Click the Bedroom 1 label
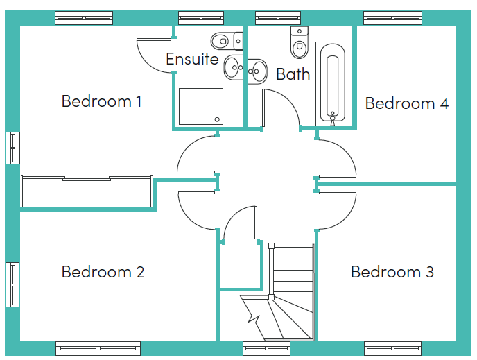click(102, 101)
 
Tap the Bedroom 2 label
click(103, 272)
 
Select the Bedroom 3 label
click(392, 272)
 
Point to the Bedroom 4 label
click(407, 103)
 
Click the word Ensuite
click(192, 59)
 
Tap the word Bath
click(293, 74)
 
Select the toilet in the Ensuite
click(227, 41)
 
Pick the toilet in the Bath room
click(300, 42)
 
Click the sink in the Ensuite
click(234, 67)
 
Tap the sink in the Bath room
click(257, 71)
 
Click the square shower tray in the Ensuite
click(201, 107)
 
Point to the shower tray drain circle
click(217, 119)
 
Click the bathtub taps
click(333, 118)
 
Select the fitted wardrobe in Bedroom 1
click(87, 191)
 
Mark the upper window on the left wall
click(12, 148)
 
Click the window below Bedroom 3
click(392, 348)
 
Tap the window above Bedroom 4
click(392, 18)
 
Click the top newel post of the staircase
click(271, 246)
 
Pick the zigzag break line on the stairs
click(253, 317)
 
